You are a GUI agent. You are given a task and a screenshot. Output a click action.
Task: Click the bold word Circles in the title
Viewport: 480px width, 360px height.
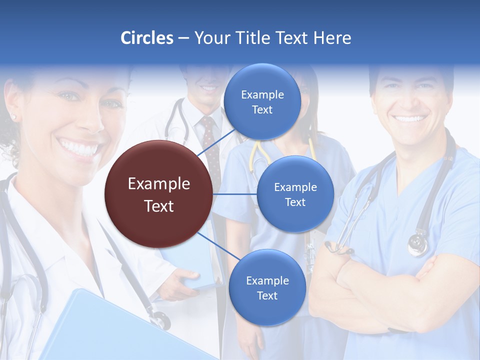click(146, 38)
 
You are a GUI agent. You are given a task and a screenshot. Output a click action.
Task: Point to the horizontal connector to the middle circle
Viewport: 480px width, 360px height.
click(235, 194)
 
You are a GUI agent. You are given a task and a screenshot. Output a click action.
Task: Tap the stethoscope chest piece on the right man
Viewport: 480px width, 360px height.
click(417, 244)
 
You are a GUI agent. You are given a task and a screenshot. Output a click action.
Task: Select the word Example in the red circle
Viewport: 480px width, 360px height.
click(158, 184)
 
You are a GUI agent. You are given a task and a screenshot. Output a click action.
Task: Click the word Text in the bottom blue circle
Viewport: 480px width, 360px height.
click(267, 296)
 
